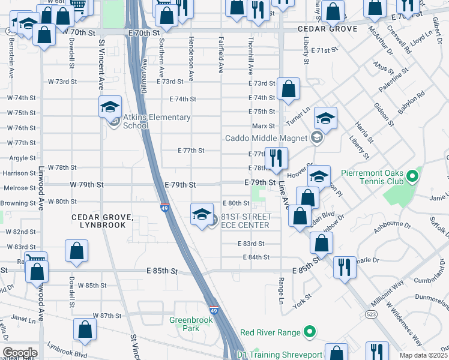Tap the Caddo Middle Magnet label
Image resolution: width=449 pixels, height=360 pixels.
[265, 138]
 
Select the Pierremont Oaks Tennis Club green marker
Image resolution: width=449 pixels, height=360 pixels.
[411, 177]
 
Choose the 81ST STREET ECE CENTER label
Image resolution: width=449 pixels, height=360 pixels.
[246, 220]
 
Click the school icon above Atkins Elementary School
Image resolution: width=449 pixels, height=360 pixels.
[110, 107]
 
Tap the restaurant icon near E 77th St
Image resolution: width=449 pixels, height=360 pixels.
[276, 158]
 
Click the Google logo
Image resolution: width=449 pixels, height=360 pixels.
[20, 352]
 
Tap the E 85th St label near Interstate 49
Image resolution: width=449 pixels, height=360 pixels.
[163, 271]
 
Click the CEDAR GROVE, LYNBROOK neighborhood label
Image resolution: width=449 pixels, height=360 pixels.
[99, 220]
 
